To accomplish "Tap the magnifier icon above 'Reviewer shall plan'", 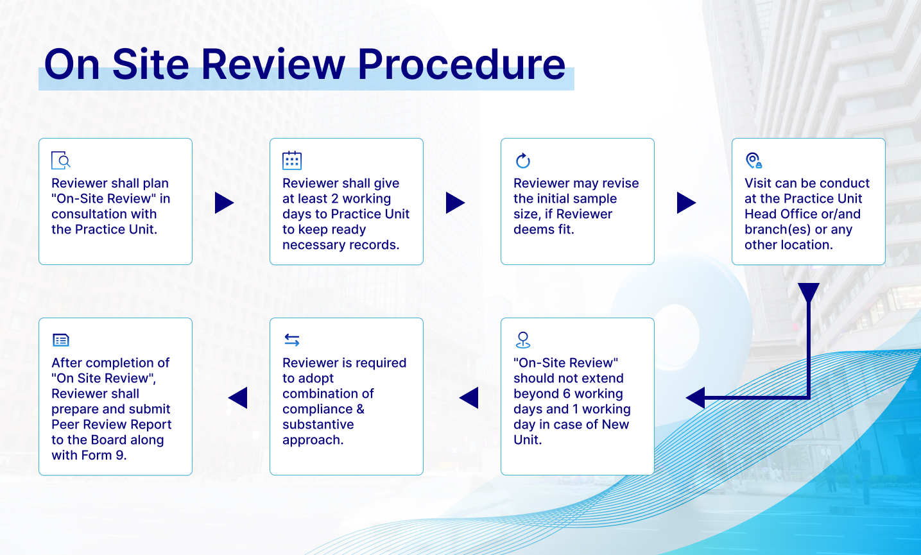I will pos(61,160).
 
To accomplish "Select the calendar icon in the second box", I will pos(292,160).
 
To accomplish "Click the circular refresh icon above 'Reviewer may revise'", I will pos(523,160).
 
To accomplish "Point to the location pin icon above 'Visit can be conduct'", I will pos(753,160).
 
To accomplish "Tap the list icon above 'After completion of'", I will pos(61,339).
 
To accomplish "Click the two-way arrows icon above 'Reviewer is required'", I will pos(292,339).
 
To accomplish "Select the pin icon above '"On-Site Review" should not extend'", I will pos(523,339).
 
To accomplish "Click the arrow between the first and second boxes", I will pos(224,203).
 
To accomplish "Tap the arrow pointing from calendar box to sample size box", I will pos(455,203).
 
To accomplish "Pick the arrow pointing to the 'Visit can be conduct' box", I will pos(686,203).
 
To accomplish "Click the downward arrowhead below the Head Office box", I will pos(809,292).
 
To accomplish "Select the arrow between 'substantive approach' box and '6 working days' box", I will pos(469,398).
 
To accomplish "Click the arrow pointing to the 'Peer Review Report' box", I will pos(238,398).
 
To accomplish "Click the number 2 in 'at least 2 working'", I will pos(334,199).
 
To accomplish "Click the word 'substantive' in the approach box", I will pos(318,425).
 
